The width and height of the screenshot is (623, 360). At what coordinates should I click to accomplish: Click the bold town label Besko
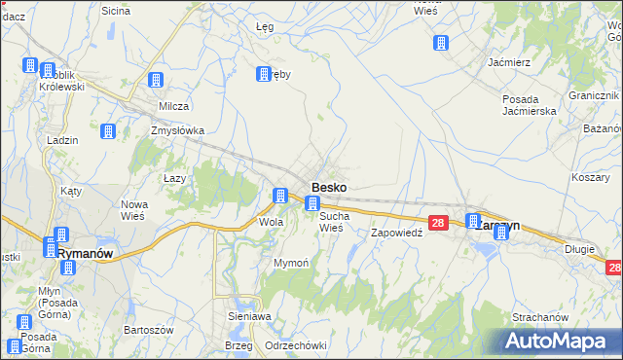pyautogui.click(x=329, y=187)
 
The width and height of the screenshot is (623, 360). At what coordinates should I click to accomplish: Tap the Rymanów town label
pyautogui.click(x=86, y=252)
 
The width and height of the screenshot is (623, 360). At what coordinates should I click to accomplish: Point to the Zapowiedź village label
pyautogui.click(x=396, y=234)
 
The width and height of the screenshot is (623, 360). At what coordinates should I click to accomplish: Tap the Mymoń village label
pyautogui.click(x=291, y=264)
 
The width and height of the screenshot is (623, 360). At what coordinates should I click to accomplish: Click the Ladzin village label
pyautogui.click(x=62, y=140)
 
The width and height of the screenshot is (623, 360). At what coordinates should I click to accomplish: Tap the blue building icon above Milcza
pyautogui.click(x=154, y=82)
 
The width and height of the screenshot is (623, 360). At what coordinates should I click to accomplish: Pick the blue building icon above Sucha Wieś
pyautogui.click(x=312, y=203)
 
